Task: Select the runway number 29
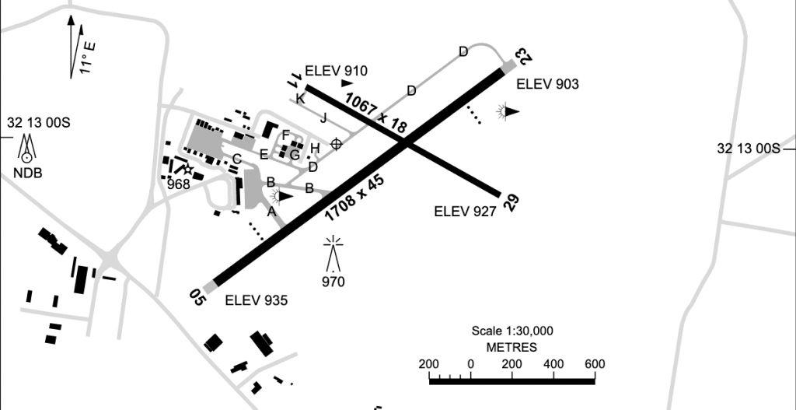click(511, 202)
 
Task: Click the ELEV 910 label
click(336, 71)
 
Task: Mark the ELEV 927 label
click(465, 210)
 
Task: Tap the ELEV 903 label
click(548, 84)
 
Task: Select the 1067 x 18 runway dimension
click(376, 112)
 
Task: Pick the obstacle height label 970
click(334, 282)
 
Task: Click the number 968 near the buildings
click(179, 184)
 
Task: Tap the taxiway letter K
click(300, 98)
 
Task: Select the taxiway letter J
click(323, 117)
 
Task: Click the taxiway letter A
click(271, 210)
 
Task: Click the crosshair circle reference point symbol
click(337, 143)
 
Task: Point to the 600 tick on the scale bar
click(595, 364)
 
